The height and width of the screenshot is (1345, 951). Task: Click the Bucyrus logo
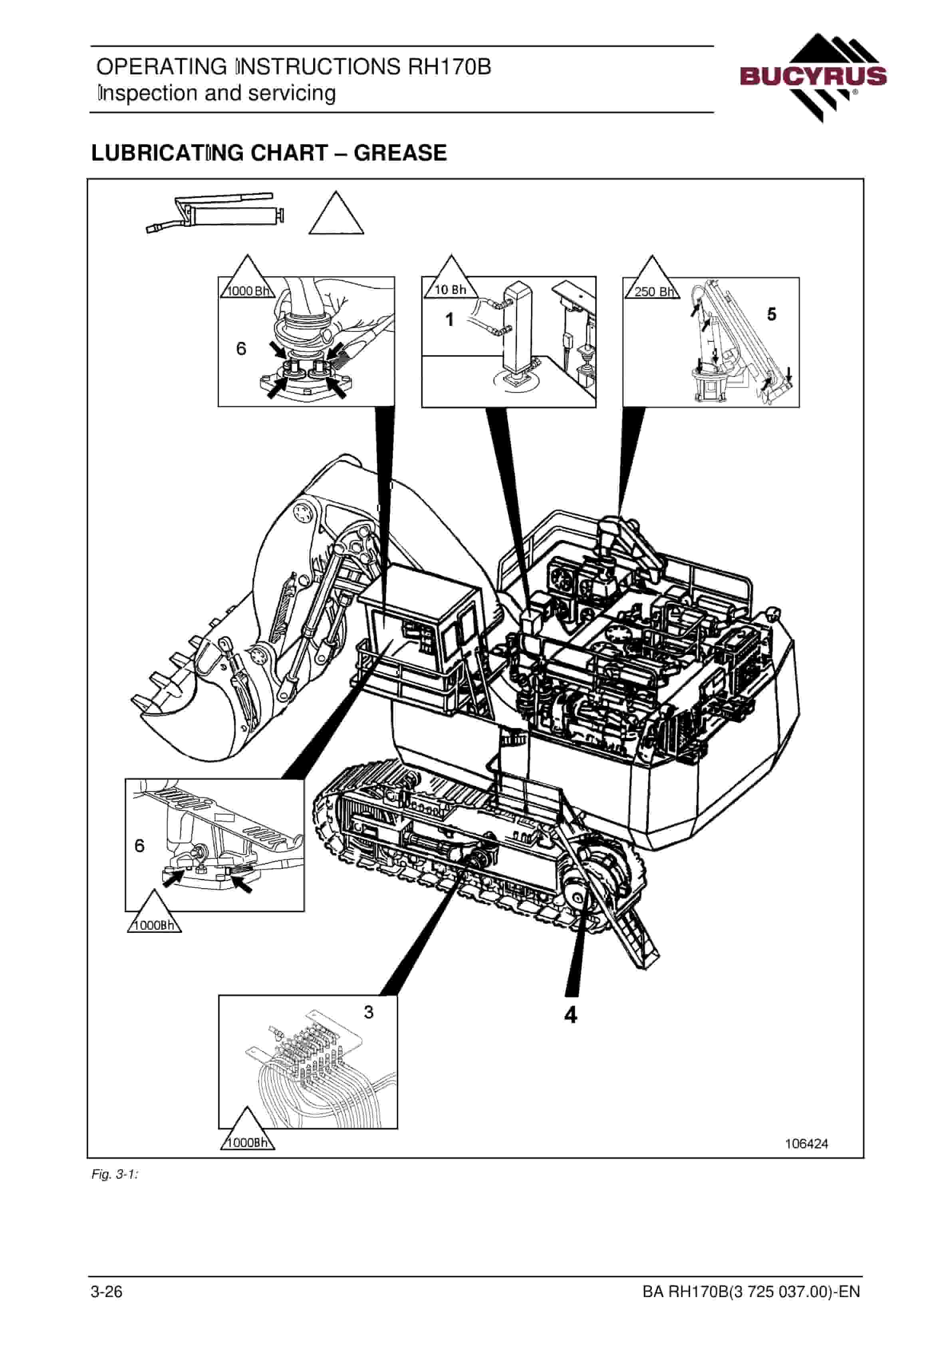pyautogui.click(x=813, y=78)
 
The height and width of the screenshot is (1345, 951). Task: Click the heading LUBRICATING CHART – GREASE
pyautogui.click(x=269, y=153)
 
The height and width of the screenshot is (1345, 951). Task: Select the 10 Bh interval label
pyautogui.click(x=450, y=290)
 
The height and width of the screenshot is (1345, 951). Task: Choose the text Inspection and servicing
pyautogui.click(x=217, y=93)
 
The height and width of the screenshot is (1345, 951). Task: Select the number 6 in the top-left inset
pyautogui.click(x=241, y=349)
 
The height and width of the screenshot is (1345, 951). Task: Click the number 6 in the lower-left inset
pyautogui.click(x=139, y=845)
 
